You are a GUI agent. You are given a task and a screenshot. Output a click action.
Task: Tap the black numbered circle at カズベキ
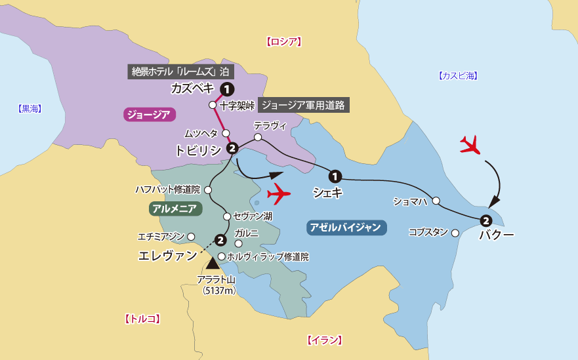226,89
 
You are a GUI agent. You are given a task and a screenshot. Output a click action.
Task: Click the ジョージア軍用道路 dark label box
303,104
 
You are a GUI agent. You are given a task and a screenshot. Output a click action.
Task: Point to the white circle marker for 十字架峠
213,105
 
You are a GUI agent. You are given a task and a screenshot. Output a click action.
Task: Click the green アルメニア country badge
175,209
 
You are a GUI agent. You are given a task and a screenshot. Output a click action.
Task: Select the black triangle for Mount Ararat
213,263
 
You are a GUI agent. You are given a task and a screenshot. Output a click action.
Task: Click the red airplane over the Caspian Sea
470,144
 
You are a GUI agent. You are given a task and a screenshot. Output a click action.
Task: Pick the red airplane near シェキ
279,194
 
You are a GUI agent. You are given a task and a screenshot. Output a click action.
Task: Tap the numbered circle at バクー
485,220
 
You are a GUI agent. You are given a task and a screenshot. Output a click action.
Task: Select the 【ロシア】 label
284,42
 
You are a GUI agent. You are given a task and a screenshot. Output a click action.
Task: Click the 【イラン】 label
324,340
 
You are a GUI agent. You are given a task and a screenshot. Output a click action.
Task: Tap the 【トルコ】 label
142,319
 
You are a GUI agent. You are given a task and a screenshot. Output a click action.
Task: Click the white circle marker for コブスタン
455,232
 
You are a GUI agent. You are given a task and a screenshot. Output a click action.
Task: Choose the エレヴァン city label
167,256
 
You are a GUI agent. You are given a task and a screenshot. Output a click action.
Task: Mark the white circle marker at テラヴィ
258,138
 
